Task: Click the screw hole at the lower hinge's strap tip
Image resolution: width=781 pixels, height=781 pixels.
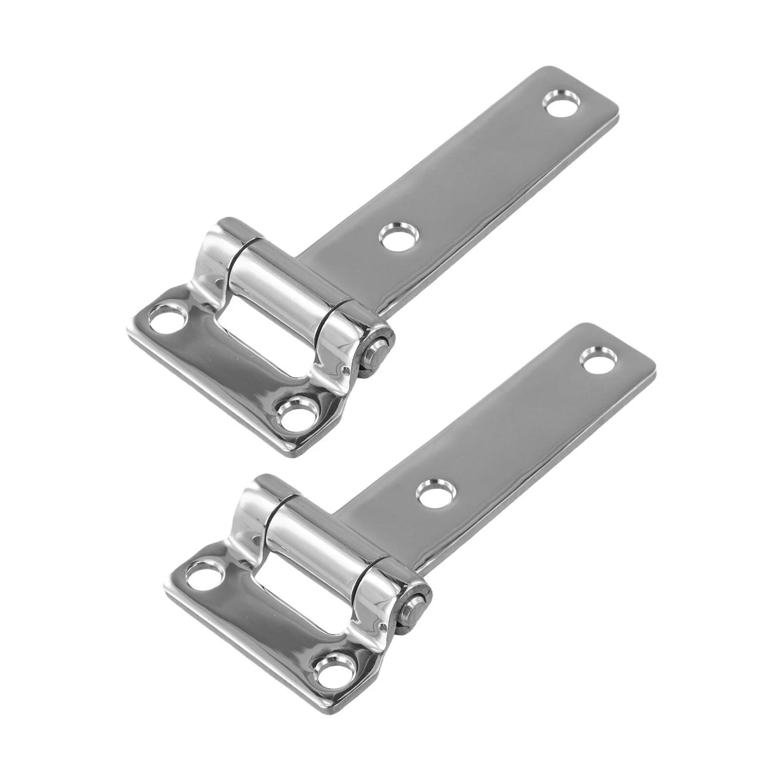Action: click(x=598, y=359)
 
